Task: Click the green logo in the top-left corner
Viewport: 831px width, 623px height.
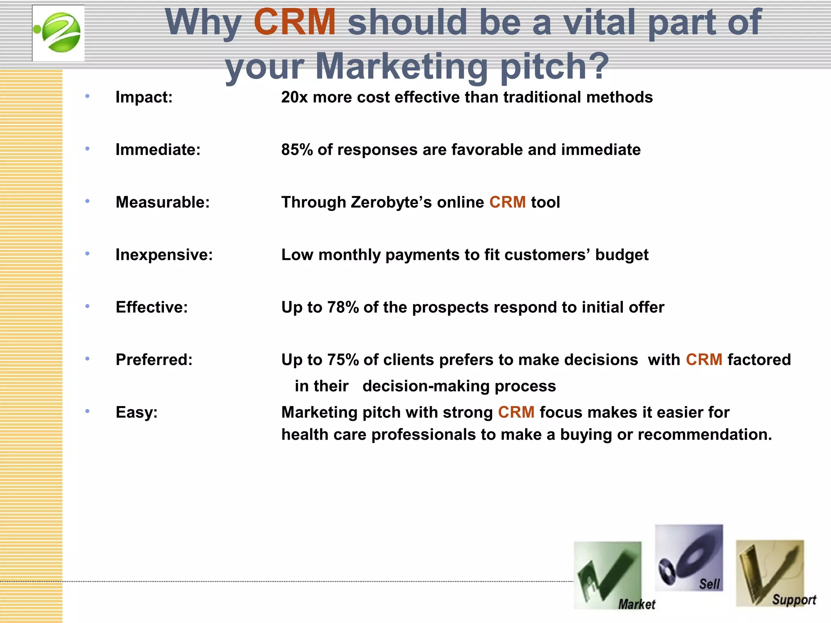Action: point(58,33)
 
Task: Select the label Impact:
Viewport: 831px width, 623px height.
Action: point(144,97)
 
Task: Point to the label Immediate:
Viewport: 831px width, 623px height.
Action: point(158,150)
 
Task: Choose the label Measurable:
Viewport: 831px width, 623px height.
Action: point(163,202)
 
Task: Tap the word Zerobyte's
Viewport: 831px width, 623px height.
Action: point(391,202)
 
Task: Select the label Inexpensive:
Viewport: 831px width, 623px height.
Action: point(164,255)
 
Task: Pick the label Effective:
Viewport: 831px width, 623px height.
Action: point(152,307)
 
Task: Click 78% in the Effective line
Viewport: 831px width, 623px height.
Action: point(343,307)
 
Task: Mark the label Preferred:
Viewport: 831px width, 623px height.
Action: point(154,360)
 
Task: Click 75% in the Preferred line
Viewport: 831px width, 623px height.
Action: point(343,360)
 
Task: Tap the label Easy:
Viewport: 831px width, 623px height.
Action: point(136,412)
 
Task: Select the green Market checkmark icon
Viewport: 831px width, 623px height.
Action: point(607,575)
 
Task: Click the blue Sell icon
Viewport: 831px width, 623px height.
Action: point(689,557)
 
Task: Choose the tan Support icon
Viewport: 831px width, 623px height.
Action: point(770,573)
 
